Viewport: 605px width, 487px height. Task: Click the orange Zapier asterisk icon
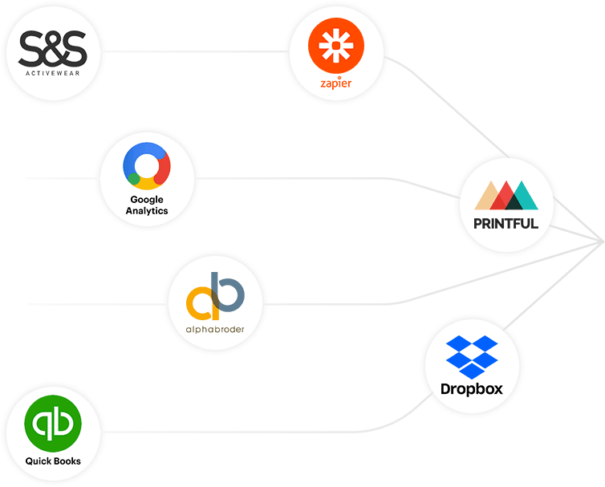click(x=335, y=49)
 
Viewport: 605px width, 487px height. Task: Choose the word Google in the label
click(x=146, y=199)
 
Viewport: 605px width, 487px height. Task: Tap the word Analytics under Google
click(x=146, y=210)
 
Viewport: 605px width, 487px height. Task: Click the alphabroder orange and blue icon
click(x=214, y=298)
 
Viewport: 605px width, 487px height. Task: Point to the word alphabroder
click(x=214, y=329)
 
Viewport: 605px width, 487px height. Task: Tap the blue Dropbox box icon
click(x=472, y=356)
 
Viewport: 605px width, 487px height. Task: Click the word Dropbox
click(x=472, y=389)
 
